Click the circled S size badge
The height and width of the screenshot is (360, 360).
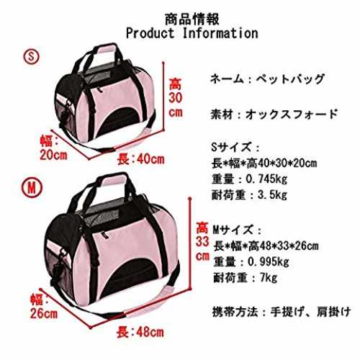(x=31, y=56)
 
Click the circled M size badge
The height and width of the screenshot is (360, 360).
(x=32, y=188)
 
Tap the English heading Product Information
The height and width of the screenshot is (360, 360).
(x=192, y=33)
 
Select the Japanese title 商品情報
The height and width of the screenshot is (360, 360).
(x=192, y=19)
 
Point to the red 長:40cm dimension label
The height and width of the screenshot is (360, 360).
(x=141, y=159)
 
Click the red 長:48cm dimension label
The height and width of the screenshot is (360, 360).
(x=140, y=333)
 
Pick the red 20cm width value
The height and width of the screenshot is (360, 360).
(x=53, y=156)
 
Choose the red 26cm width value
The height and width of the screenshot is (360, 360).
(x=44, y=313)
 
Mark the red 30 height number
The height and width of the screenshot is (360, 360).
(x=176, y=98)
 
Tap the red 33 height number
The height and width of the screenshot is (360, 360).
(x=202, y=242)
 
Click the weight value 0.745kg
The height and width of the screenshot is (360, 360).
(x=266, y=179)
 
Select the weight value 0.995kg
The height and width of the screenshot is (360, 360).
(x=268, y=261)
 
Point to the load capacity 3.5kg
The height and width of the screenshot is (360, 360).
(x=272, y=195)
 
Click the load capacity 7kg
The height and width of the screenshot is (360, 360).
(x=269, y=278)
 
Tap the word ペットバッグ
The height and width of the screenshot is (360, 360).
(x=290, y=79)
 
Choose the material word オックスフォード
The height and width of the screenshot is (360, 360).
(x=292, y=114)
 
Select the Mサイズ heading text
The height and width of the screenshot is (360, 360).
(x=233, y=230)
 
